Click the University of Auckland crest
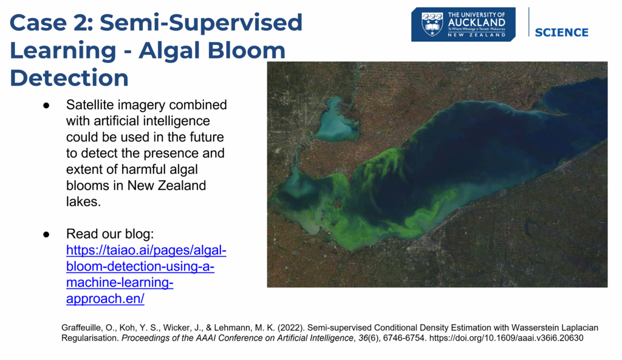coord(432,24)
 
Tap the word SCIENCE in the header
coord(561,33)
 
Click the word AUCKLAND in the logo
coord(476,22)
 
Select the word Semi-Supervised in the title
coord(201,22)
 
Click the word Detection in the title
coord(69,77)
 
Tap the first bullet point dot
coord(46,106)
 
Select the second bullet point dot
coord(46,234)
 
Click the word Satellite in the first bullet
coord(90,104)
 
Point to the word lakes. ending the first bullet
coord(83,202)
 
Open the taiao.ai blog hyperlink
coord(146,274)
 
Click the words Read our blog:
coord(110,234)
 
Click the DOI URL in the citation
coord(506,338)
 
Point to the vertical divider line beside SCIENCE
coord(529,22)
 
